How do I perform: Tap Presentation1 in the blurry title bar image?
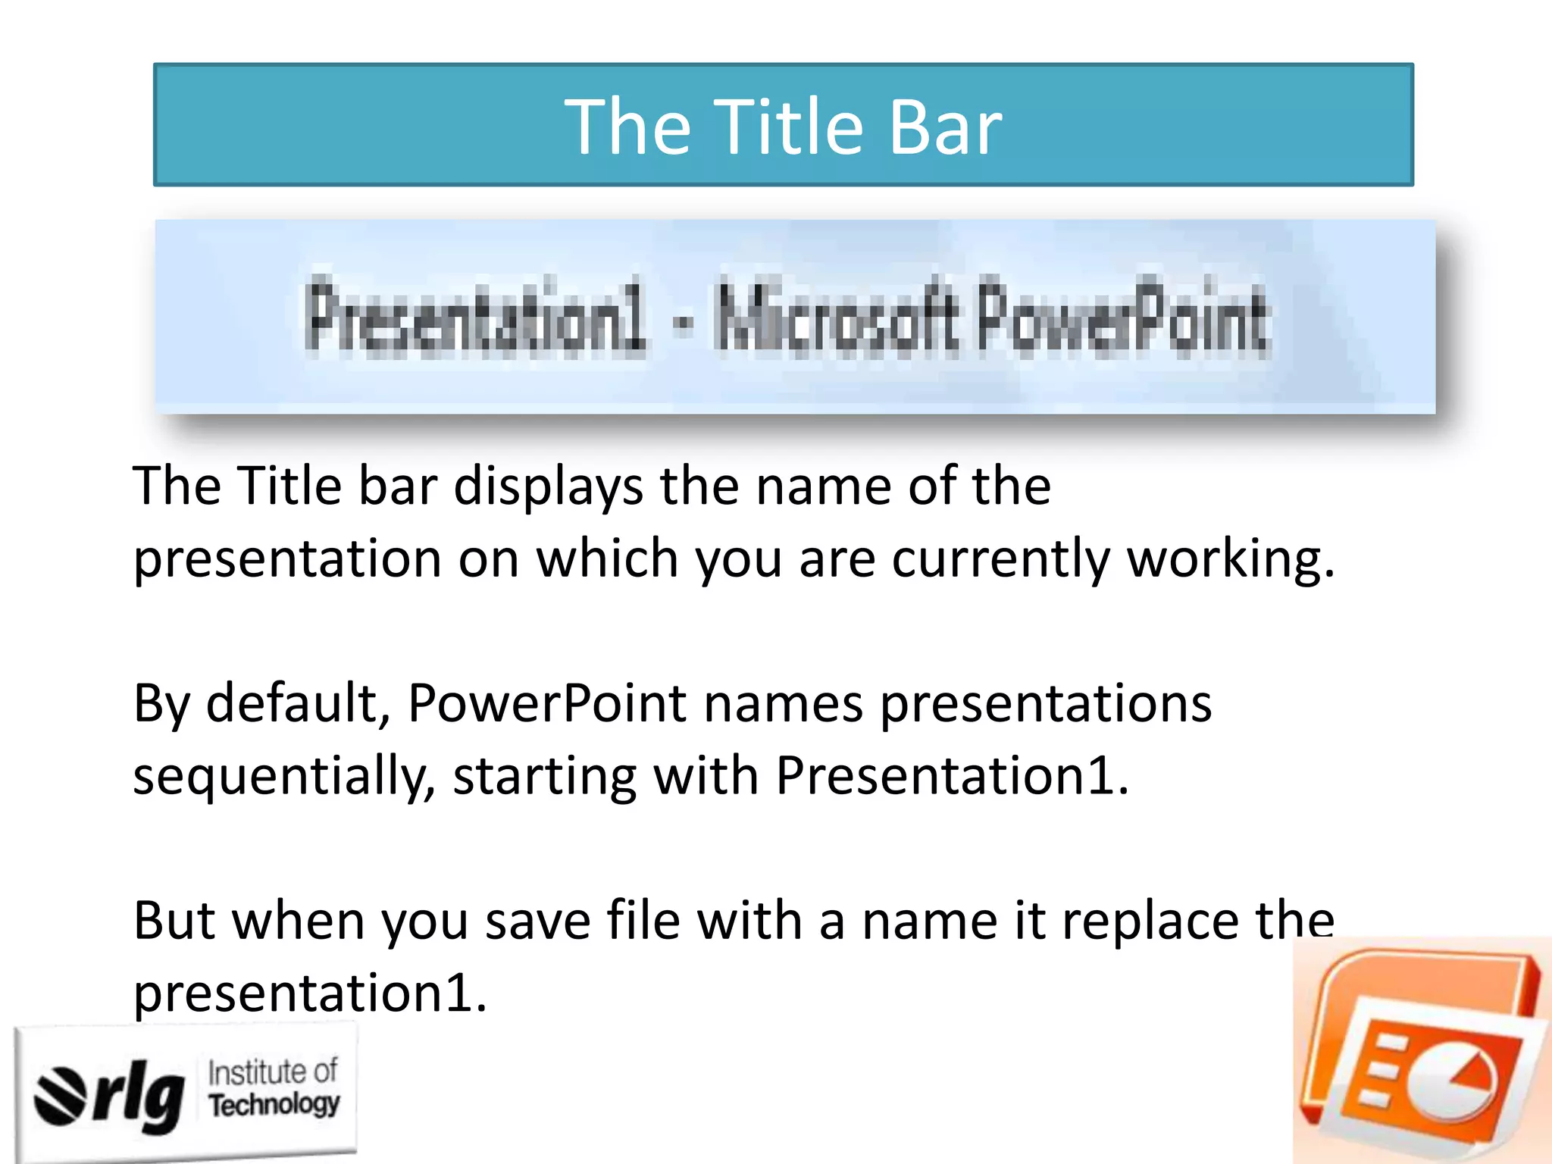point(476,317)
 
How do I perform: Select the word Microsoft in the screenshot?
point(835,317)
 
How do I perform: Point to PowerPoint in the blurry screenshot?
point(1122,317)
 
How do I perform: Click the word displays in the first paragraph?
point(548,487)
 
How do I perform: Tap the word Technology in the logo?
point(274,1105)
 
